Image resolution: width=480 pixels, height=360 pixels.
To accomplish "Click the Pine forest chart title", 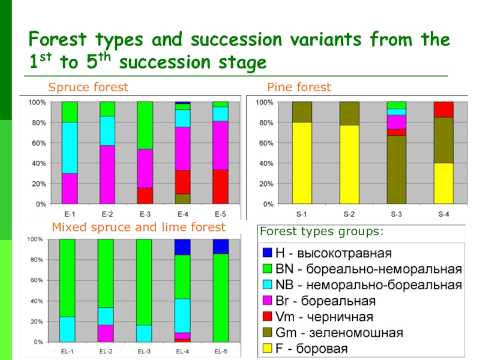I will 299,88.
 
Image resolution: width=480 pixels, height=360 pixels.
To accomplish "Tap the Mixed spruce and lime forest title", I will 139,227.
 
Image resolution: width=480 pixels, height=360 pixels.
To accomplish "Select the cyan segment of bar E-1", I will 70,148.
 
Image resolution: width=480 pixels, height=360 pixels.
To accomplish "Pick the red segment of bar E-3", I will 145,196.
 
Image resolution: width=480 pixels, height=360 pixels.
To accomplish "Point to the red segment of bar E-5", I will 220,187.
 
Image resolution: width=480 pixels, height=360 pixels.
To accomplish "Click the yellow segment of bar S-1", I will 301,163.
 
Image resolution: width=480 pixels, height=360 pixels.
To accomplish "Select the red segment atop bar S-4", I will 443,109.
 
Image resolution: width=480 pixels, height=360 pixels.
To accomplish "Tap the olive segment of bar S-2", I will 349,113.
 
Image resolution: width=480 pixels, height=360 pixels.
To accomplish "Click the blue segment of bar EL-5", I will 221,246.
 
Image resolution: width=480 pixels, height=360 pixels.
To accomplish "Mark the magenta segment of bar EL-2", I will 106,333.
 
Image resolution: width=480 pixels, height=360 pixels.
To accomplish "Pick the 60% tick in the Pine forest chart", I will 263,143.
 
